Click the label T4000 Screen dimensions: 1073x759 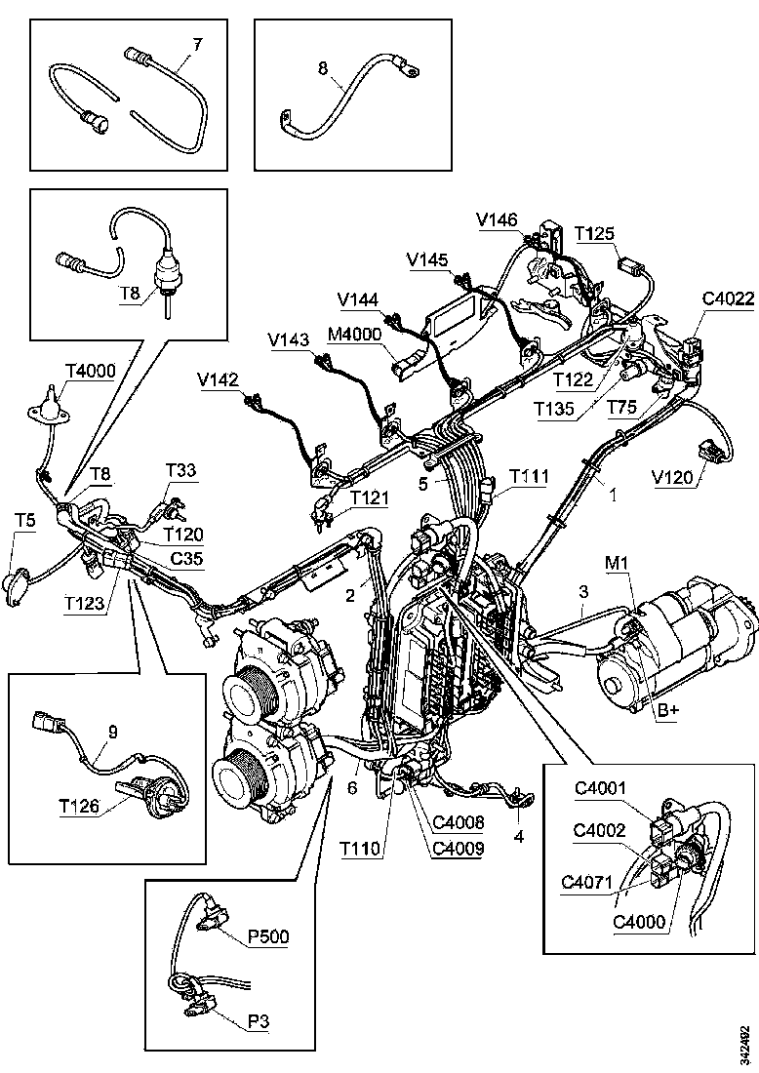[91, 371]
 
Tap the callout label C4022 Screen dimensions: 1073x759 [727, 299]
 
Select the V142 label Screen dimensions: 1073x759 [218, 378]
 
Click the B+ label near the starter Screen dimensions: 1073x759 [667, 710]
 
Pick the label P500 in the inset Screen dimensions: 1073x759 [268, 936]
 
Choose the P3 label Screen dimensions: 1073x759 [259, 1020]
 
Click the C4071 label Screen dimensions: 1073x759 [585, 884]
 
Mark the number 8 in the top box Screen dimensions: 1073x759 [323, 68]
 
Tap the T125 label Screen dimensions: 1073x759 [594, 234]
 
